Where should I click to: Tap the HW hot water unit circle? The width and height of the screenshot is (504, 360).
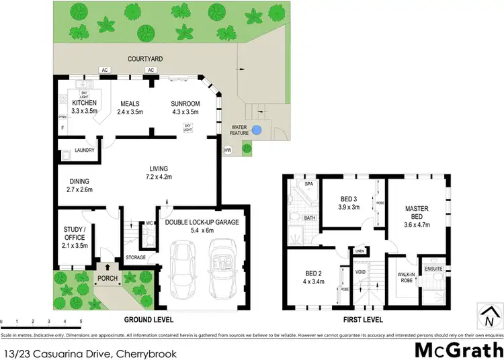(x=228, y=150)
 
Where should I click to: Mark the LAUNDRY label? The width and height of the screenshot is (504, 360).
(x=84, y=150)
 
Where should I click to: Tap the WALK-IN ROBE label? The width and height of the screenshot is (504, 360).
(x=406, y=277)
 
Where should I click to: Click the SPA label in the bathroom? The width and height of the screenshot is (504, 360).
(x=309, y=183)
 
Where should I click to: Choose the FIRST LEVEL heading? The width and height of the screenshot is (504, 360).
(x=362, y=319)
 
